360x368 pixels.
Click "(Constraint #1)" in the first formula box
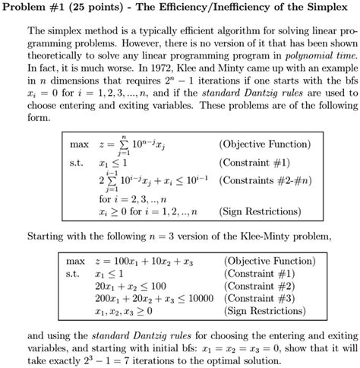point(250,162)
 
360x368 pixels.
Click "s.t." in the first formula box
point(74,163)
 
